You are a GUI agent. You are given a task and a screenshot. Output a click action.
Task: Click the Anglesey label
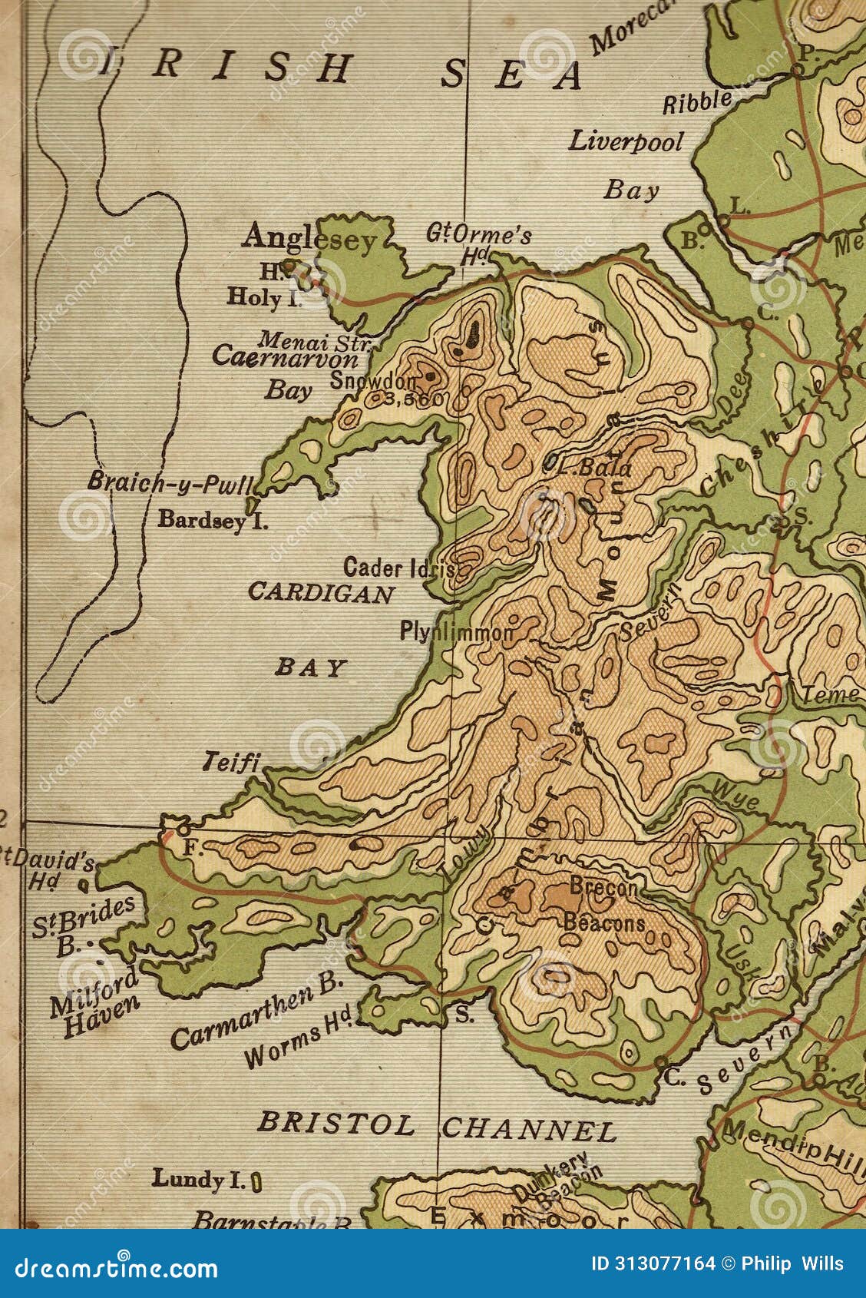(309, 238)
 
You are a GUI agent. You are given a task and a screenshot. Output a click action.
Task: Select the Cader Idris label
(399, 568)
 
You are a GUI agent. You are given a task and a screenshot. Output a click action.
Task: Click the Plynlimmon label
(456, 632)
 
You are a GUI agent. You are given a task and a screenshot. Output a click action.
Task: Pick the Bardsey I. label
(213, 520)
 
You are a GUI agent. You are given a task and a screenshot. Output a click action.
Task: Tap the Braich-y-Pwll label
(170, 483)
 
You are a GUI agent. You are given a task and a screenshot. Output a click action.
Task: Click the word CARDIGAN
(321, 593)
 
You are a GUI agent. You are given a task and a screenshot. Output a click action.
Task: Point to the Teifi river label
(231, 762)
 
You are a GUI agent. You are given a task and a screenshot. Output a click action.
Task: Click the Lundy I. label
(198, 1179)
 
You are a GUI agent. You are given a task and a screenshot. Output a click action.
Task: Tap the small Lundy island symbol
(256, 1181)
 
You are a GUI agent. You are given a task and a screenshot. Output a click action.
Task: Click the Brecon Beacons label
(604, 906)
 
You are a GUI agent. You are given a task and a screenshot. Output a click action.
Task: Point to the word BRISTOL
(335, 1124)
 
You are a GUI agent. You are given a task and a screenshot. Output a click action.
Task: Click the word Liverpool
(626, 142)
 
